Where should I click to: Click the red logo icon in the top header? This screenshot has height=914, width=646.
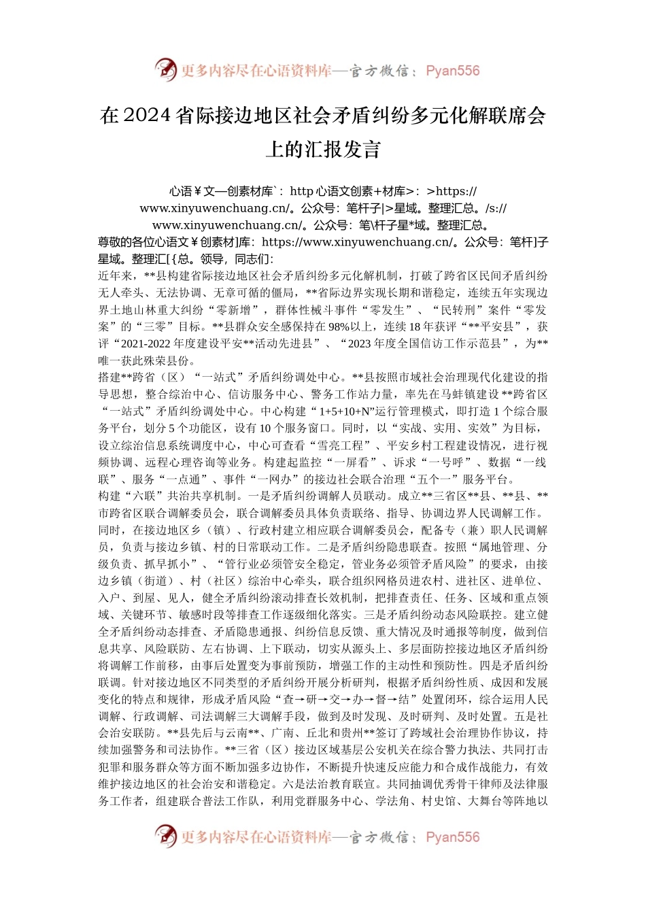click(x=166, y=70)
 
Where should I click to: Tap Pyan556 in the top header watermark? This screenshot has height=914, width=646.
click(x=452, y=71)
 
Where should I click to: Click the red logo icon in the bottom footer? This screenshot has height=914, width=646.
click(x=166, y=836)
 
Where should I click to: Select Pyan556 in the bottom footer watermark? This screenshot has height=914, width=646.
click(x=452, y=837)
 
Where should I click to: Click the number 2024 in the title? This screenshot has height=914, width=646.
click(x=148, y=116)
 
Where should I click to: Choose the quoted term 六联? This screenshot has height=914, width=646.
click(x=150, y=496)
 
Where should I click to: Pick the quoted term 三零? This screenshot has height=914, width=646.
click(x=140, y=326)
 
